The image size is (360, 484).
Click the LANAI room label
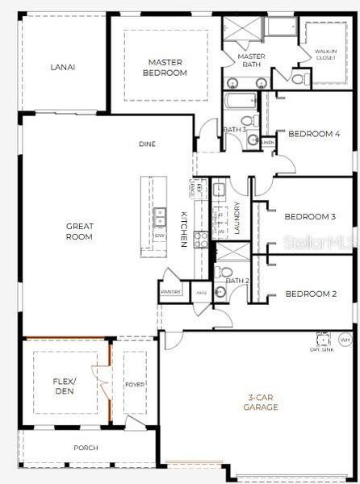(62, 67)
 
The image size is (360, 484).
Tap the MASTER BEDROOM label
(167, 67)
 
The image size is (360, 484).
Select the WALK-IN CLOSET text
(324, 55)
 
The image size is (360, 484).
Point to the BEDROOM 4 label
(309, 134)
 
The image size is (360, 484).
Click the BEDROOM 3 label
(310, 216)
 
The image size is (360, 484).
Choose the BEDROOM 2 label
(311, 294)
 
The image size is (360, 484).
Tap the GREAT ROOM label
(79, 232)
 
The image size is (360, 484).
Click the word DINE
(147, 144)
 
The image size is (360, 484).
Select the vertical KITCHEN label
(185, 228)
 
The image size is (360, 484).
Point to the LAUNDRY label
(237, 217)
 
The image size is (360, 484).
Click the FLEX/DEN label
(65, 385)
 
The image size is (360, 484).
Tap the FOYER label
(135, 385)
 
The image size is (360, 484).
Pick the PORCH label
(85, 448)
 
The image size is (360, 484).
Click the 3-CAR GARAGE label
(262, 402)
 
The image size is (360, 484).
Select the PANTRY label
(170, 292)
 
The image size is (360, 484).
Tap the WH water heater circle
(345, 340)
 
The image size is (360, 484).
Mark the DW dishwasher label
(160, 235)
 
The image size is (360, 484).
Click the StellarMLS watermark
(326, 240)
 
